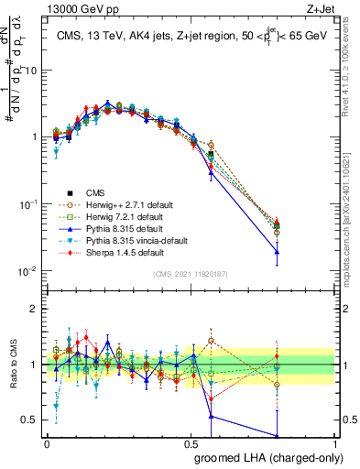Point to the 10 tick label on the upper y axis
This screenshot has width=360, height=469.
point(32,70)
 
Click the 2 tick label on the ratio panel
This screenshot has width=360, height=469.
point(36,309)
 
